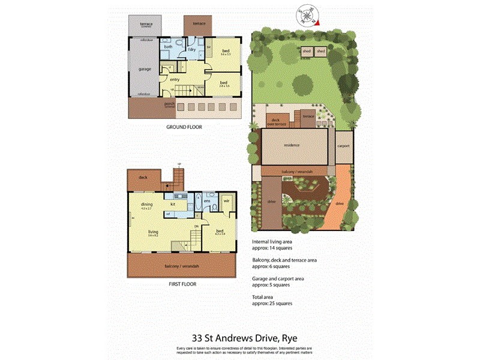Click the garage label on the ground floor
(x=145, y=69)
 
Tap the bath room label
(x=169, y=46)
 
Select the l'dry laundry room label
(x=192, y=49)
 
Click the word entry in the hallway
(x=175, y=79)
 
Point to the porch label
(x=169, y=104)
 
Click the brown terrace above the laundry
(x=199, y=24)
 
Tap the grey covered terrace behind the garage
(x=146, y=25)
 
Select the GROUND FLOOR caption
(x=184, y=127)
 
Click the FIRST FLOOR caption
(x=182, y=284)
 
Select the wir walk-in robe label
(x=227, y=202)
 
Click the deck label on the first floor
(x=143, y=178)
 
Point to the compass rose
(x=308, y=14)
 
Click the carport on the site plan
(x=344, y=146)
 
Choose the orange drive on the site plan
(x=340, y=204)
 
